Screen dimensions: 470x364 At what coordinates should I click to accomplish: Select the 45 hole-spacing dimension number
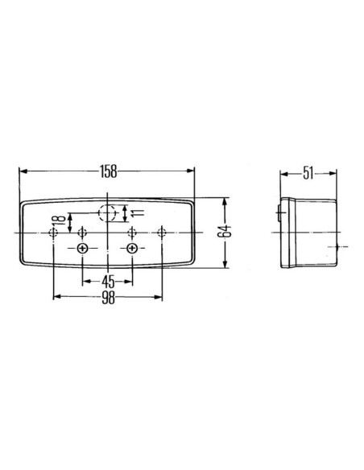[x=108, y=282]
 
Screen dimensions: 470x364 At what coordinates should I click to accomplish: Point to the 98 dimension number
[x=108, y=297]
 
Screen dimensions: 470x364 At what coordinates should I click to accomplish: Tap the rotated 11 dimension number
[x=138, y=212]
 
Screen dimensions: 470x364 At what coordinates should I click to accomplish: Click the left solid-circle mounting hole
[x=83, y=249]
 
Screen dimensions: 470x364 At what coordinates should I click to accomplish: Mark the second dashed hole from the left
[x=81, y=232]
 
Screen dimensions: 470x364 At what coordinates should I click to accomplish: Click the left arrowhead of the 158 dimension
[x=22, y=171]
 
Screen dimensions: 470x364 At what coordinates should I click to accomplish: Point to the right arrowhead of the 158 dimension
[x=192, y=171]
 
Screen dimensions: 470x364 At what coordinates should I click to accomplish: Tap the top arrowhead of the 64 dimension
[x=226, y=200]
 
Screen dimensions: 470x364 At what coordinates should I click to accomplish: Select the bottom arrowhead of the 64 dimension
[x=226, y=265]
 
